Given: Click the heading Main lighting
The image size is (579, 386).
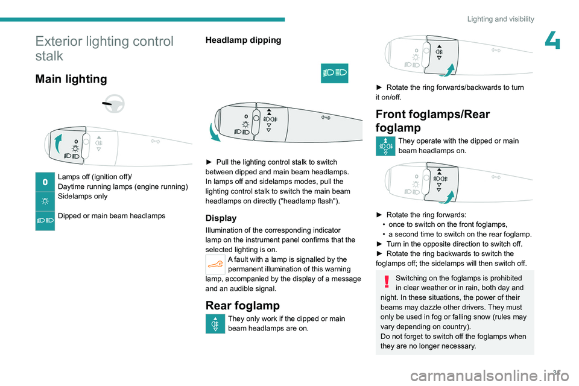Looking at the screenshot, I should pyautogui.click(x=71, y=79).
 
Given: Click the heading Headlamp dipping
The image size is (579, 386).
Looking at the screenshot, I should pyautogui.click(x=243, y=40).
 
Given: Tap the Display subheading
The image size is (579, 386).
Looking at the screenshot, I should pyautogui.click(x=221, y=218).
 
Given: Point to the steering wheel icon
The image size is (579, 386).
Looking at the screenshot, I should pyautogui.click(x=113, y=104).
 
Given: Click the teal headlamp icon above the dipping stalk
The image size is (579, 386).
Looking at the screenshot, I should pyautogui.click(x=335, y=73).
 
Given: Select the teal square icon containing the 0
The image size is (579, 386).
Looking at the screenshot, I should pyautogui.click(x=45, y=182).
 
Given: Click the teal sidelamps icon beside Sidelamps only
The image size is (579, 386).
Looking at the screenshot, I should pyautogui.click(x=45, y=201).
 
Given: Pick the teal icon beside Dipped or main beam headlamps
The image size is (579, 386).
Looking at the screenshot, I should pyautogui.click(x=45, y=221).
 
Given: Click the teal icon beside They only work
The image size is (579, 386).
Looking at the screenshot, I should pyautogui.click(x=215, y=324).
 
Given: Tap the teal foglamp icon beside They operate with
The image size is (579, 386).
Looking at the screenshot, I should pyautogui.click(x=385, y=147).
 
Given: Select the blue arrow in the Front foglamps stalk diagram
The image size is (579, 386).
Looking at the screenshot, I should pyautogui.click(x=446, y=196).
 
